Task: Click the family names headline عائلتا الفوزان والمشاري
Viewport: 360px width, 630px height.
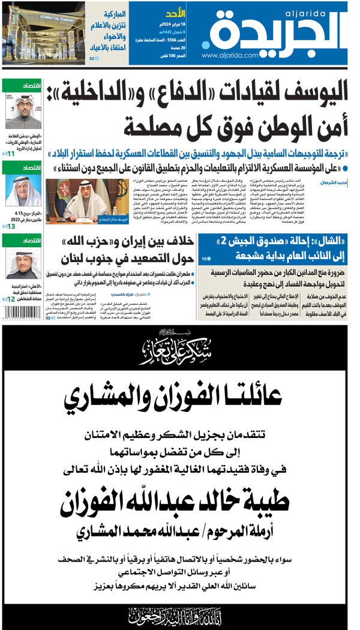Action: pyautogui.click(x=179, y=395)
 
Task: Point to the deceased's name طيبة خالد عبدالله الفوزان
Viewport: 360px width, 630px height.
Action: pyautogui.click(x=180, y=499)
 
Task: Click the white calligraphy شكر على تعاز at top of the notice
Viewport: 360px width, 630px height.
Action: pyautogui.click(x=179, y=347)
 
